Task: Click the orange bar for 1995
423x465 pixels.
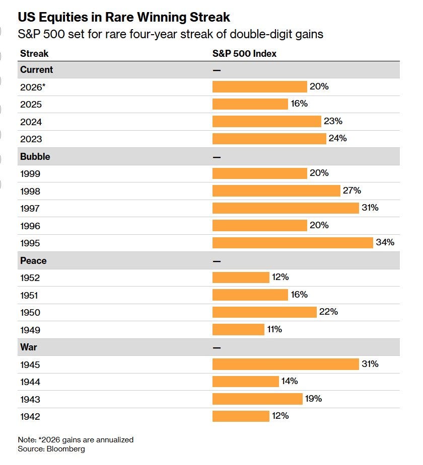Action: (x=293, y=243)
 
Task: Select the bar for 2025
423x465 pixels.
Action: (x=250, y=104)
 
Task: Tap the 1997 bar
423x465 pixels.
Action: (x=286, y=208)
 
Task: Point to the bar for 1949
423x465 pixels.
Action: (x=238, y=329)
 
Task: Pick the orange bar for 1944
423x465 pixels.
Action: (x=246, y=382)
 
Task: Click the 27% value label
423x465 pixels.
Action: (x=352, y=191)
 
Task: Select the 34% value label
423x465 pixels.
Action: (x=385, y=242)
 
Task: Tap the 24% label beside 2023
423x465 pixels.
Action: (x=338, y=138)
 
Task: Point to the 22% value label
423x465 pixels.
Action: (x=328, y=312)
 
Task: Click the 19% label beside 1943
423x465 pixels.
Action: (x=313, y=399)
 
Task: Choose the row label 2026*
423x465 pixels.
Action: (x=33, y=87)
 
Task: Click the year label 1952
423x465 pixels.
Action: (x=30, y=278)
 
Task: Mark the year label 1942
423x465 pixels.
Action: (x=30, y=417)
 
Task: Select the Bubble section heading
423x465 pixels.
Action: (x=35, y=156)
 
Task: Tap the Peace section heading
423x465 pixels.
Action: (x=33, y=261)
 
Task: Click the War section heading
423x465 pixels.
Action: (x=29, y=347)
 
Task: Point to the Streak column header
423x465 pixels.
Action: (x=34, y=53)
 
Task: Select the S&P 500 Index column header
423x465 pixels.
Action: (x=244, y=53)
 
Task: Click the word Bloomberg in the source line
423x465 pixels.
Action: (x=66, y=449)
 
